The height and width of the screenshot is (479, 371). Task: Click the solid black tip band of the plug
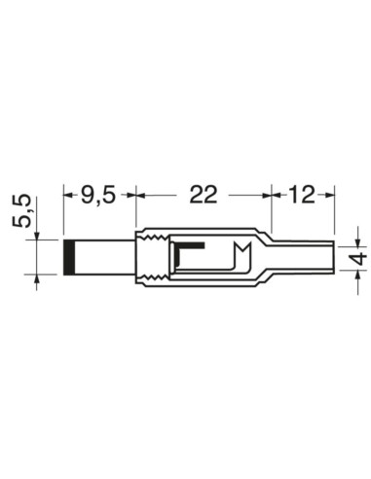pyautogui.click(x=70, y=257)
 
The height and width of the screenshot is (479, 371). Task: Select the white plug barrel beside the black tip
pyautogui.click(x=105, y=257)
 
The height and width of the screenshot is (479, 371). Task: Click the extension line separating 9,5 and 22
pyautogui.click(x=133, y=209)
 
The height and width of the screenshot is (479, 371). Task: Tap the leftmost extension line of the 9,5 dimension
pyautogui.click(x=63, y=209)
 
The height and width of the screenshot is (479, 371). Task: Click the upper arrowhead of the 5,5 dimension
pyautogui.click(x=38, y=235)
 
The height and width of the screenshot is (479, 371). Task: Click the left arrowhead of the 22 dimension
pyautogui.click(x=140, y=195)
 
